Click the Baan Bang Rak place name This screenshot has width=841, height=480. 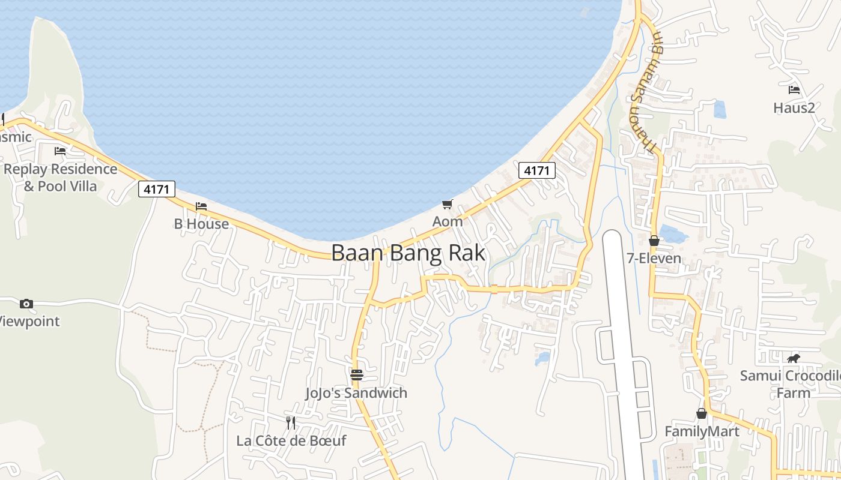[x=408, y=253]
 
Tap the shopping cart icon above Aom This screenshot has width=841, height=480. [x=447, y=205]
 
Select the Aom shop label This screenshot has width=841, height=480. [x=448, y=221]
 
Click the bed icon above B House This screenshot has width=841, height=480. [x=201, y=206]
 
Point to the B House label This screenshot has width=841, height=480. [x=201, y=224]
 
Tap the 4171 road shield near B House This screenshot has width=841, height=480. [x=157, y=189]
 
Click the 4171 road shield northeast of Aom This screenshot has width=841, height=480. [x=536, y=170]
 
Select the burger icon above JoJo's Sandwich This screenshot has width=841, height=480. [x=357, y=375]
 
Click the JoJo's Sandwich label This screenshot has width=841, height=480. [x=356, y=393]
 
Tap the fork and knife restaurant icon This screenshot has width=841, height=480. [x=291, y=422]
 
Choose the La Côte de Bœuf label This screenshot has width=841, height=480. [x=291, y=440]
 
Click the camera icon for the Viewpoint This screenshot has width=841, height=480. [x=26, y=304]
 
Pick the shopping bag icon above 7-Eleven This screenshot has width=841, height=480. [x=654, y=241]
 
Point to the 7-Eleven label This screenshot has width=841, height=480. [x=654, y=259]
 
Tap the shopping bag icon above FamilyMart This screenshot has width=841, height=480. [x=701, y=413]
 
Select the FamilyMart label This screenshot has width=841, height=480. [x=702, y=431]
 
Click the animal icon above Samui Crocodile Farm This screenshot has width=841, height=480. [x=794, y=359]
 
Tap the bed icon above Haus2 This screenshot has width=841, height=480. [x=794, y=90]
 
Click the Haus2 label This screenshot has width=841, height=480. [x=794, y=107]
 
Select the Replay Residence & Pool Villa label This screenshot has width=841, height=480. [x=60, y=177]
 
